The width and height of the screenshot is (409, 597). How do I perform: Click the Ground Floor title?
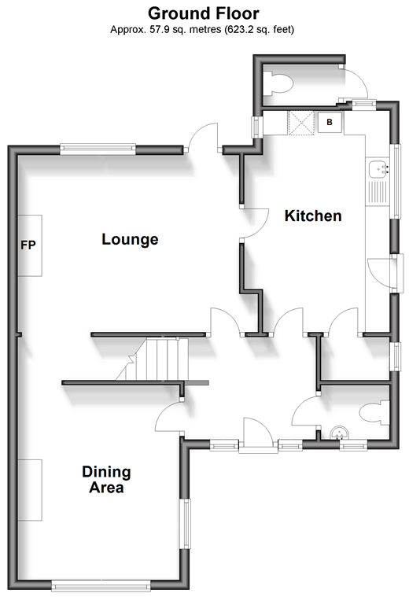(x=204, y=13)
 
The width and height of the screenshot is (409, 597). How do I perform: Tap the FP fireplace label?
(x=28, y=245)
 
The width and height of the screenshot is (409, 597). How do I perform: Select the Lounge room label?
(x=130, y=239)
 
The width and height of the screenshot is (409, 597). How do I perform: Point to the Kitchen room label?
(x=313, y=216)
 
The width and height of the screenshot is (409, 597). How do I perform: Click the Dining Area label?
(x=107, y=480)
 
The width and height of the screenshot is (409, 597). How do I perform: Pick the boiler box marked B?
(x=330, y=122)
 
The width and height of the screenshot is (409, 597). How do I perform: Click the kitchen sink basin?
(x=378, y=168)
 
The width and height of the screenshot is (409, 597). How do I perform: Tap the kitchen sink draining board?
(x=377, y=191)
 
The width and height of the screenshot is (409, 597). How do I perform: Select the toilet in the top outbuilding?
(x=279, y=83)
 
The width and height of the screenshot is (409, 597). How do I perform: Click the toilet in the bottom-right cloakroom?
(x=375, y=413)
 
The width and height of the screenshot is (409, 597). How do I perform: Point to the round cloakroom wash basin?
(x=339, y=433)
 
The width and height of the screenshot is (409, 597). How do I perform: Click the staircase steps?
(x=153, y=359)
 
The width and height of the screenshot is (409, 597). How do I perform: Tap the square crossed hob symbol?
(x=301, y=123)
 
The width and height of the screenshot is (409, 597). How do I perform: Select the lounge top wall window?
(x=98, y=149)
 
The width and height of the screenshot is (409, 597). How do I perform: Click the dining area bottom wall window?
(x=101, y=585)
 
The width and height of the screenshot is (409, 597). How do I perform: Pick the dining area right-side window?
(x=186, y=523)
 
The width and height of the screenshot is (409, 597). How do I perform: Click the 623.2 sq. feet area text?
(x=259, y=29)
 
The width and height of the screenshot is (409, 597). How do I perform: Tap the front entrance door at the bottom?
(x=258, y=434)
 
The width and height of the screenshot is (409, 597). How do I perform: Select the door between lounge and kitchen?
(x=254, y=223)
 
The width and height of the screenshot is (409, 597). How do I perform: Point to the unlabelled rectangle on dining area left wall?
(x=30, y=490)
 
